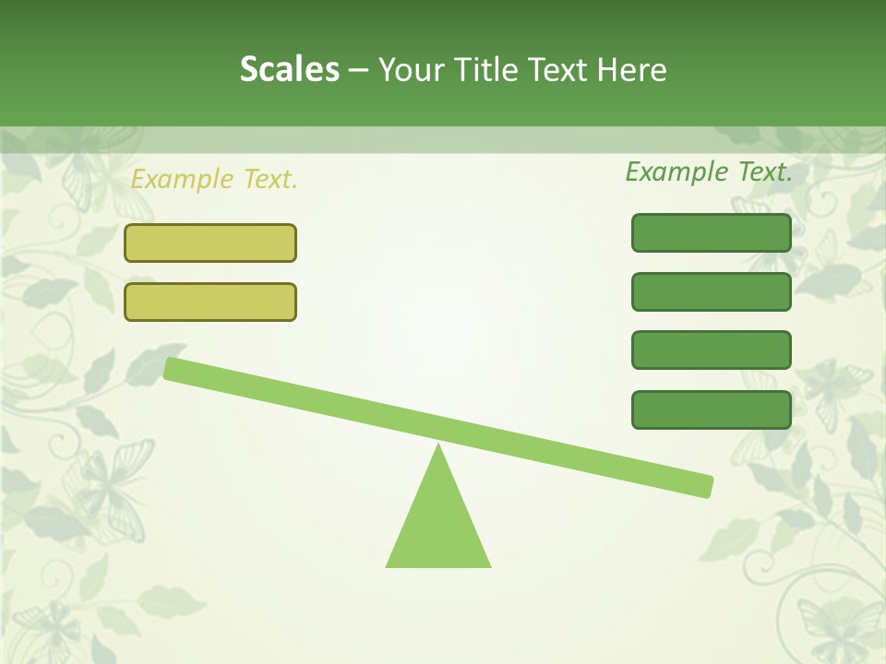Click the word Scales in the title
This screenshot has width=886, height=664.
(289, 69)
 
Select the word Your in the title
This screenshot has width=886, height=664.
(413, 69)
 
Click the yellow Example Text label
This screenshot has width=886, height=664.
(214, 179)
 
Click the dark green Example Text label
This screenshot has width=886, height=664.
(709, 172)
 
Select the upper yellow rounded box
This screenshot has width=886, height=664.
(210, 243)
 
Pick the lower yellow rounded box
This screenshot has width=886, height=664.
(210, 302)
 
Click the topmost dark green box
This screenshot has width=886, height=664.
(712, 232)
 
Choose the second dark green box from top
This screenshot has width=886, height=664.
(712, 291)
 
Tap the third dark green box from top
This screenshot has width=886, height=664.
(712, 350)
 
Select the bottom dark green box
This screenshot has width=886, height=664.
(712, 409)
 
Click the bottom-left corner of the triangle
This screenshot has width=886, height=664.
(388, 565)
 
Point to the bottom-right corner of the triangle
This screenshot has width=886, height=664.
(489, 565)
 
